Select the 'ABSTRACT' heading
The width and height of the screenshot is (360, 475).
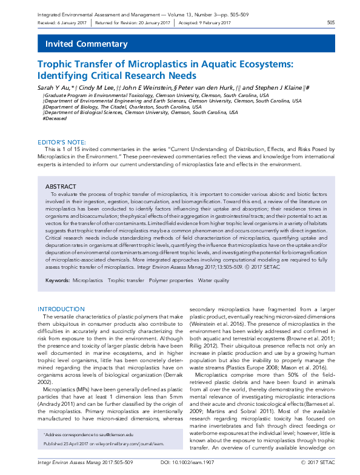61,186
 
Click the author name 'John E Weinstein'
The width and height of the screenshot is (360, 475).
146,88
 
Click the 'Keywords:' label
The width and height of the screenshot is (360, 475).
57,281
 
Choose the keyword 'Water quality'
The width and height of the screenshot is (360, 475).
213,281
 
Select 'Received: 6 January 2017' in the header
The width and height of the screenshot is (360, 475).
62,22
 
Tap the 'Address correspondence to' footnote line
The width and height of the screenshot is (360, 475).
88,436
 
